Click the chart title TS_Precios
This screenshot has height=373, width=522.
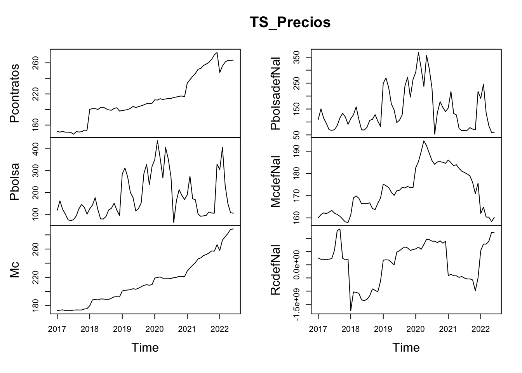[290, 22]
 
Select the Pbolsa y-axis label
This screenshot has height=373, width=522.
[15, 181]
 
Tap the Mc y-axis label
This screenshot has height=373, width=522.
[15, 270]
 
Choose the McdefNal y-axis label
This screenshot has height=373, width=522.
[276, 181]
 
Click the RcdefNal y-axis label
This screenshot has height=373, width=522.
[276, 270]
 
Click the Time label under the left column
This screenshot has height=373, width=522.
[145, 347]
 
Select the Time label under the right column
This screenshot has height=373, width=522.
[406, 347]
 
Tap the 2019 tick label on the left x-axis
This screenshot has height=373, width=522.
[122, 329]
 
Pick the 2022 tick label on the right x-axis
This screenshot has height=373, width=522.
[481, 329]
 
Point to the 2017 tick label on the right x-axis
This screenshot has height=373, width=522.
[318, 329]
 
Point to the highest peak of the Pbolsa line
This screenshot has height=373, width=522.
[157, 141]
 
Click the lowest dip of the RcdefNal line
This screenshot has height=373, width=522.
[351, 310]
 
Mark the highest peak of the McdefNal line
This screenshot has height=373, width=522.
[424, 141]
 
